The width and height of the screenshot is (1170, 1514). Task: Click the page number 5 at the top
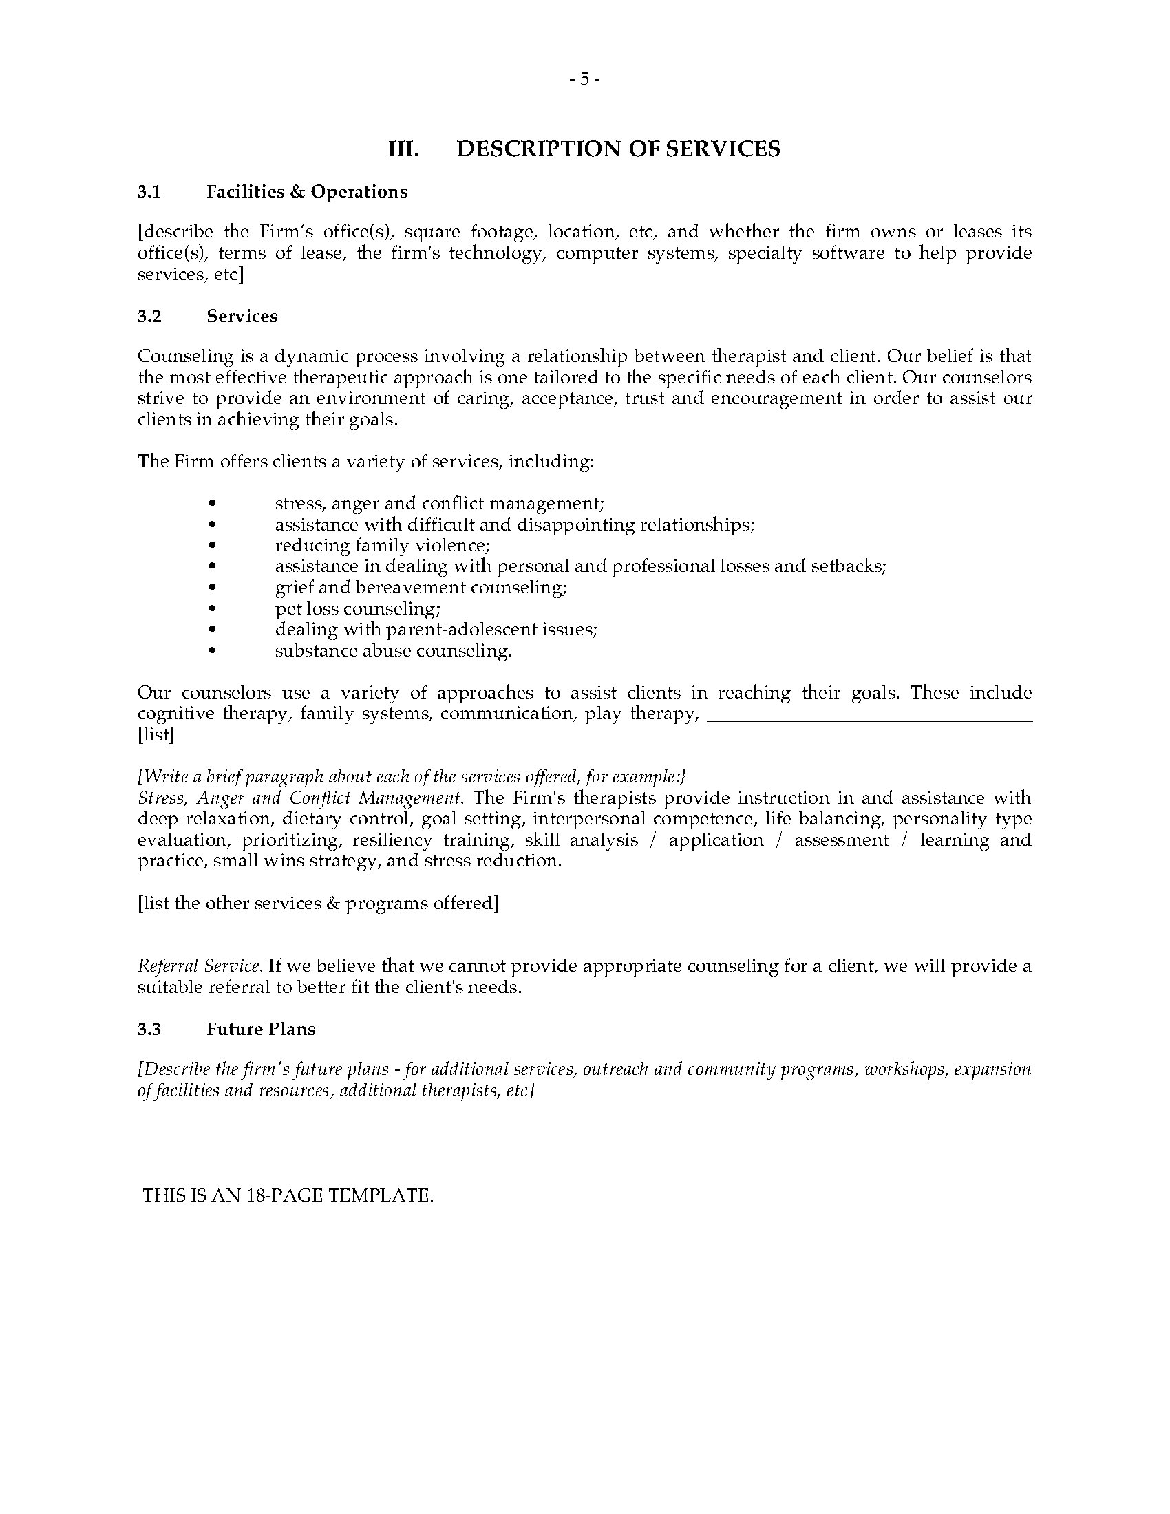click(584, 79)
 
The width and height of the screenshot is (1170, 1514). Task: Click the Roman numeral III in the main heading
click(403, 149)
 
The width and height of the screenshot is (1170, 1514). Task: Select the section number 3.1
click(149, 192)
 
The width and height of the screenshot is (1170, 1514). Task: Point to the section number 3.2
click(149, 316)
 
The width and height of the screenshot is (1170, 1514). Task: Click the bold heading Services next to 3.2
click(242, 316)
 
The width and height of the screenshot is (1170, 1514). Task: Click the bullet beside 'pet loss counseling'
click(213, 609)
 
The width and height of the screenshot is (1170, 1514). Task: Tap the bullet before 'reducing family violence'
click(213, 546)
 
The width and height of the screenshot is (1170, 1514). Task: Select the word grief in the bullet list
click(292, 588)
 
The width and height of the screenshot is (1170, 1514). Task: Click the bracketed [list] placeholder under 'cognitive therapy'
click(156, 735)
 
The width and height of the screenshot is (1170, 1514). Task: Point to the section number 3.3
click(149, 1030)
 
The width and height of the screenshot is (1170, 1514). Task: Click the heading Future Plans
click(261, 1030)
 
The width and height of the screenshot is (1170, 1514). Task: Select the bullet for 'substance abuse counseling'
click(213, 651)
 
